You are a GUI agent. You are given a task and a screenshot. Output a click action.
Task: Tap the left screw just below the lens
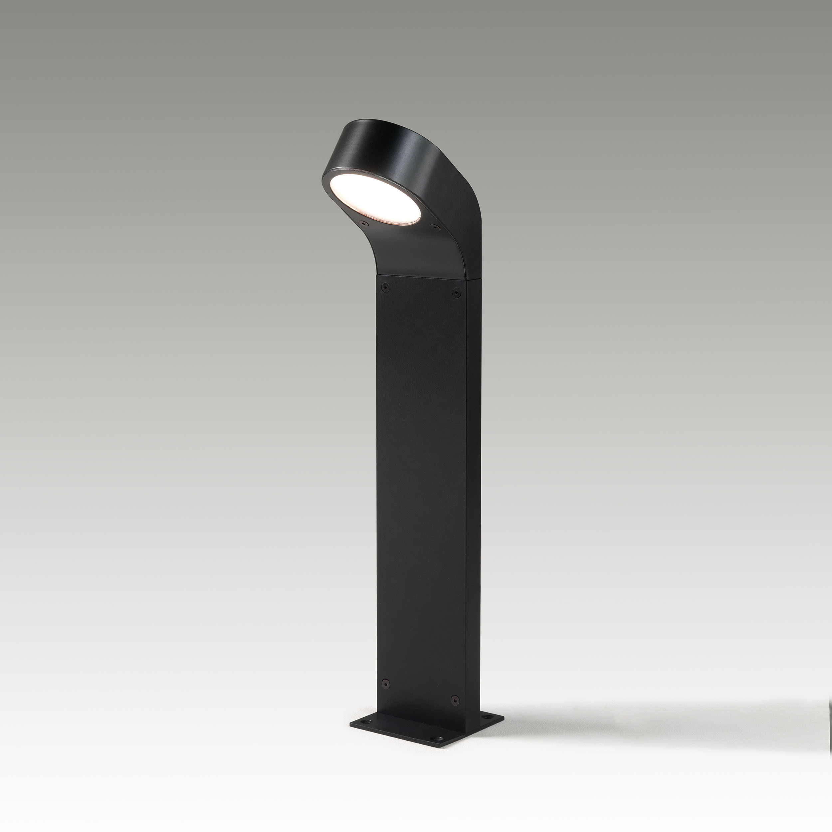pos(363,223)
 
